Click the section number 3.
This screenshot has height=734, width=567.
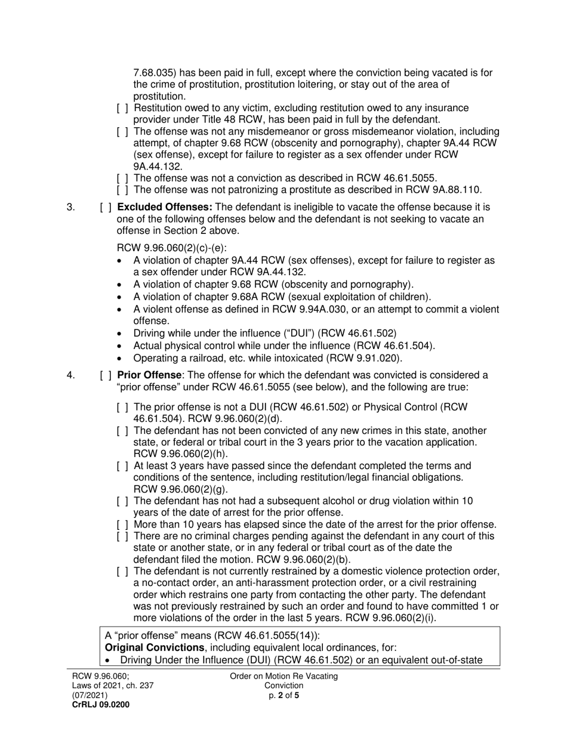coord(71,208)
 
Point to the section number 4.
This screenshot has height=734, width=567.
coord(71,375)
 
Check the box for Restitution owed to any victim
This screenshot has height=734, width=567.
coord(122,108)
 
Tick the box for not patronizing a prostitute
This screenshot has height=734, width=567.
coord(122,190)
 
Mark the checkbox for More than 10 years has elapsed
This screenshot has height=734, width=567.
coord(122,525)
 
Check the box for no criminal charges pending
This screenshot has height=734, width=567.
coord(122,536)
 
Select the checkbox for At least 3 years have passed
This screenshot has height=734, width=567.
coord(122,466)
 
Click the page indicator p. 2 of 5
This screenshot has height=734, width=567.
coord(283,695)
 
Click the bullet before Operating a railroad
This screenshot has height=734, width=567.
coord(121,359)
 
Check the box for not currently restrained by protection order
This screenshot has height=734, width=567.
coord(122,572)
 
